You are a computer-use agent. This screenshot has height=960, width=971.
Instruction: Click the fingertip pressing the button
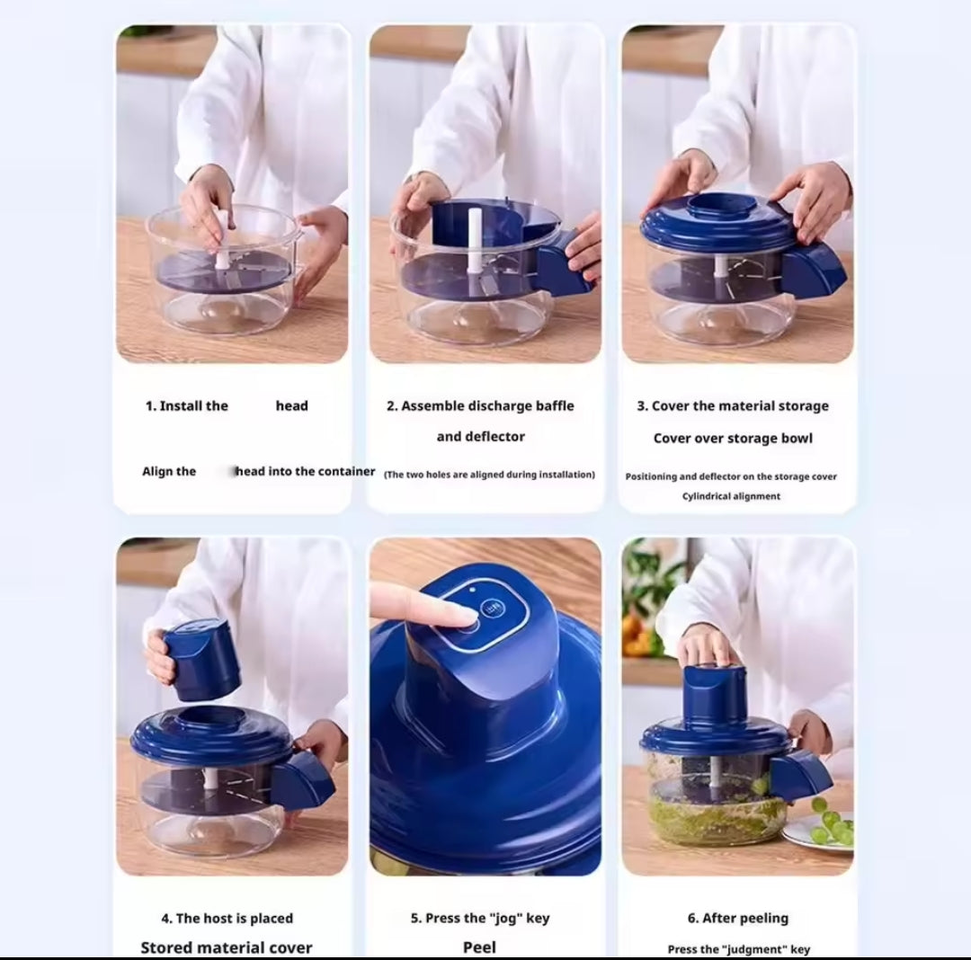(x=458, y=615)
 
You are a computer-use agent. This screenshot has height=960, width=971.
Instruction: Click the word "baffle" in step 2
(x=555, y=406)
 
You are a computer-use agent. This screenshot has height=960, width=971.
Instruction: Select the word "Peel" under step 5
(x=479, y=947)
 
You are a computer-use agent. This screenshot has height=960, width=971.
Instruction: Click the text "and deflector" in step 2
(x=480, y=437)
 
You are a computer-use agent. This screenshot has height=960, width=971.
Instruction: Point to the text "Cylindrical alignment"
(x=731, y=496)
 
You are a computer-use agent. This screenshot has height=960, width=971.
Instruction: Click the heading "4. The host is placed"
(x=227, y=919)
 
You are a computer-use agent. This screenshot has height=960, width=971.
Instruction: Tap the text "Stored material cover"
(x=227, y=947)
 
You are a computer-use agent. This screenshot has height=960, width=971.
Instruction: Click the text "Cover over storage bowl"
(x=733, y=439)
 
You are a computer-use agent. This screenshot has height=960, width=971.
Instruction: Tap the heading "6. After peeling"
(x=737, y=919)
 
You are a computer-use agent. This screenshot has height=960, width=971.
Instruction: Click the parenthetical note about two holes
(x=489, y=475)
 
